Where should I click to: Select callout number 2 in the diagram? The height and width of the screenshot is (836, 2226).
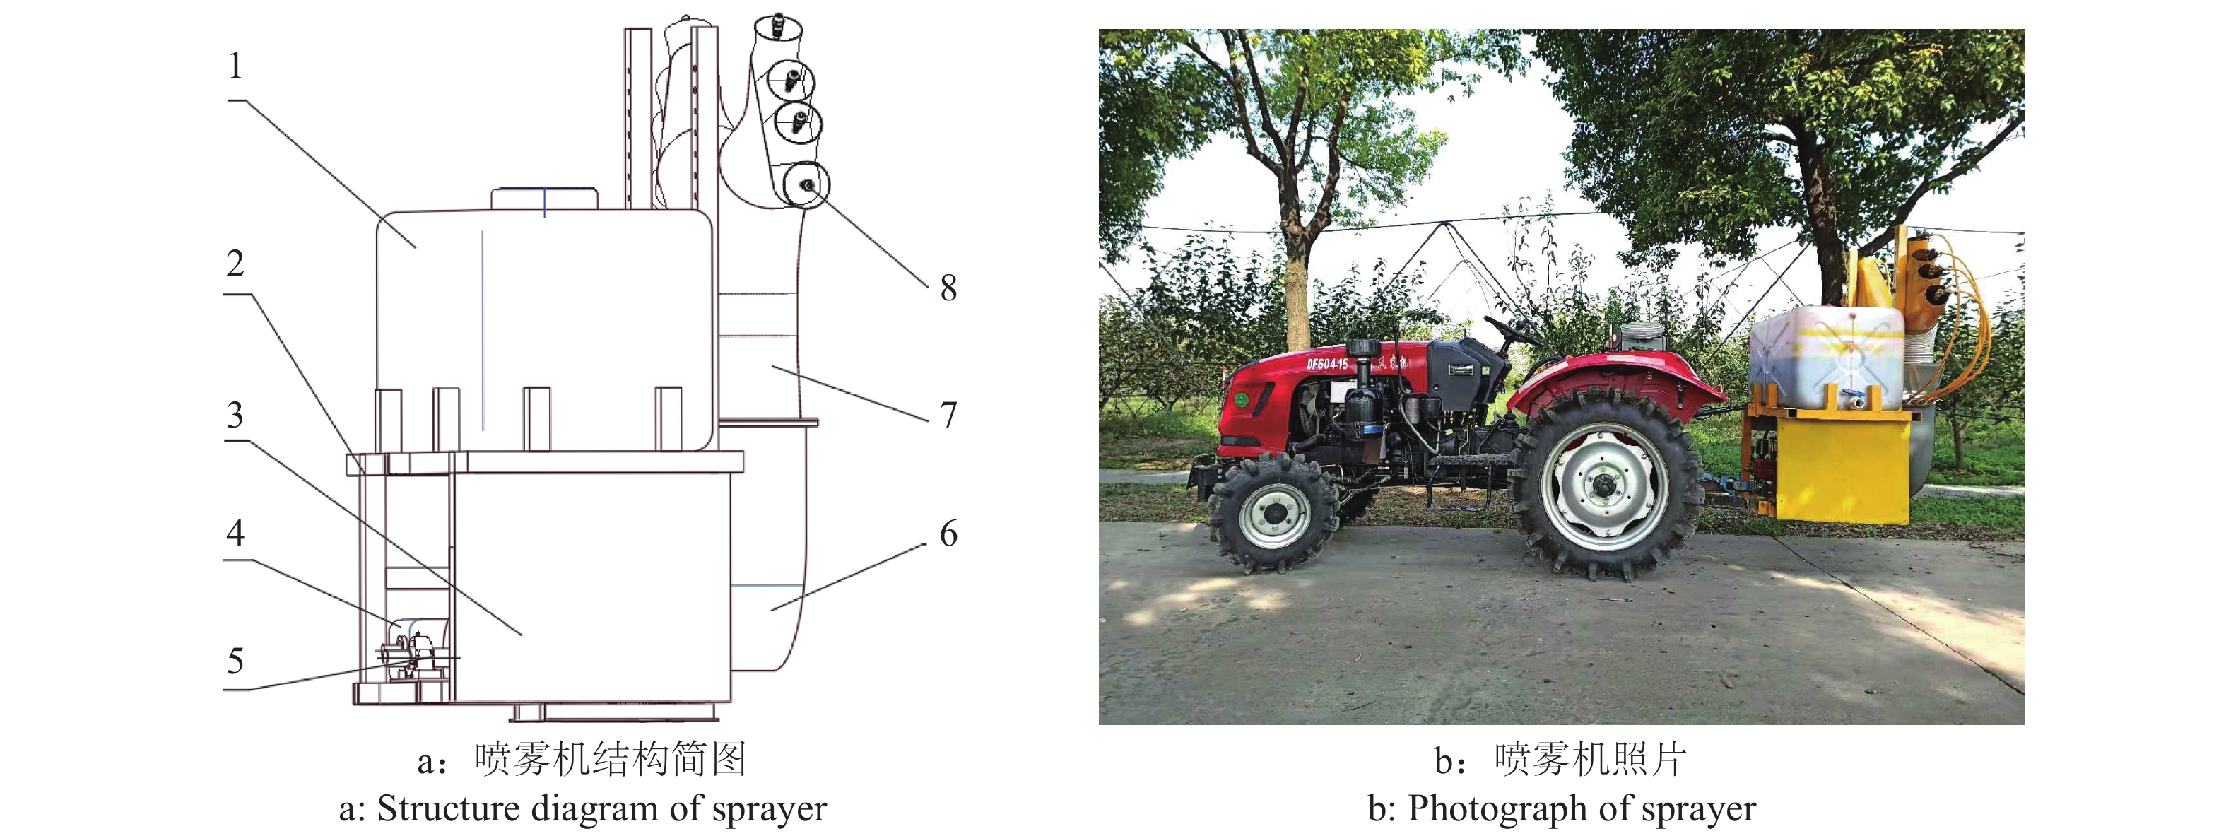click(235, 264)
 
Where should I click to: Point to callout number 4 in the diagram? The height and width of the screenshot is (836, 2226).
click(235, 534)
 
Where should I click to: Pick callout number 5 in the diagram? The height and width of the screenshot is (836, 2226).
click(235, 662)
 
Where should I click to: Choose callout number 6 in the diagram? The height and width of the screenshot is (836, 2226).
click(948, 534)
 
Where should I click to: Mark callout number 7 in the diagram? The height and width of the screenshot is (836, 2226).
click(948, 416)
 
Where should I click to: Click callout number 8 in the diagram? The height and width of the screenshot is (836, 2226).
click(948, 288)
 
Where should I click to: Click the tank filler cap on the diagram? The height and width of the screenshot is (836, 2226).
click(543, 199)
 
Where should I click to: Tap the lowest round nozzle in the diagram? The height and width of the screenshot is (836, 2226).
click(806, 185)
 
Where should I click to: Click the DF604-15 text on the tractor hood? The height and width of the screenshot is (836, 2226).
click(1326, 364)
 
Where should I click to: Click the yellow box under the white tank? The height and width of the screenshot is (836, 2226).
click(1841, 467)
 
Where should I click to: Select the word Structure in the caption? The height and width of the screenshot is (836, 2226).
click(447, 809)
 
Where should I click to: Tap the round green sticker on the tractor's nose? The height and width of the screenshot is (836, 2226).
click(1241, 399)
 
